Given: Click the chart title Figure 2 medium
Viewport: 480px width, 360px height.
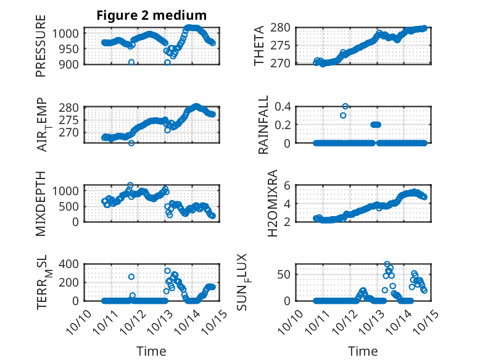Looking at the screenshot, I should pos(151,15).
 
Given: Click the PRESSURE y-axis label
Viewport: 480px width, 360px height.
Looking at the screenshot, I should pos(41,51).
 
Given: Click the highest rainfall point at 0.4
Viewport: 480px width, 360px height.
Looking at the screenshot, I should pos(346,106).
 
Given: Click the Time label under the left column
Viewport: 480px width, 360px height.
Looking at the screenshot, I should pos(151,351).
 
